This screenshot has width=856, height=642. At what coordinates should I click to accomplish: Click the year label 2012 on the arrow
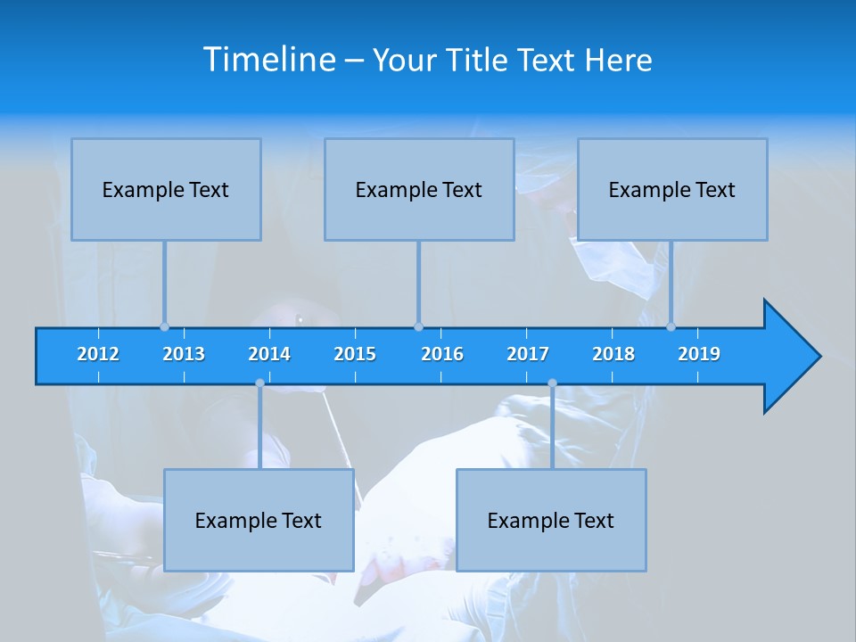(x=98, y=354)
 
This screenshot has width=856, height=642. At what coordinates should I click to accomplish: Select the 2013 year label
(x=184, y=354)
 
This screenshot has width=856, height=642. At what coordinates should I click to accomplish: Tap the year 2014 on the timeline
(x=269, y=354)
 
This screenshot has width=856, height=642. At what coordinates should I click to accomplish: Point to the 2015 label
(x=355, y=354)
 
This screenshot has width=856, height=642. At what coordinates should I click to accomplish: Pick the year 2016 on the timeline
(x=442, y=354)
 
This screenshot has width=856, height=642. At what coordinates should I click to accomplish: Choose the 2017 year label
(x=528, y=354)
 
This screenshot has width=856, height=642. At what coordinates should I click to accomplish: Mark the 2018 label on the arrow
(x=613, y=354)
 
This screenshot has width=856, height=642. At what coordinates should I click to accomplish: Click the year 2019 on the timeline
(x=699, y=354)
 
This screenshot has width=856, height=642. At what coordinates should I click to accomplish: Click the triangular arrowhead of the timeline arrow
(x=789, y=357)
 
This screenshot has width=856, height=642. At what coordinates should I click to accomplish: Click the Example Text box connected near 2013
(x=166, y=190)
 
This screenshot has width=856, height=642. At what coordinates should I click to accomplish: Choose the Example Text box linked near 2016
(x=419, y=190)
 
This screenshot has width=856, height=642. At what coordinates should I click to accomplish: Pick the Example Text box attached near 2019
(x=672, y=190)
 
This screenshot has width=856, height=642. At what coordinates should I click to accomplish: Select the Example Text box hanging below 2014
(x=259, y=521)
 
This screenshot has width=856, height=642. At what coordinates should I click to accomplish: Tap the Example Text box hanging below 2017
(x=551, y=521)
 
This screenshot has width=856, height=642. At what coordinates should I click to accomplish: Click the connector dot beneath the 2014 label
(x=259, y=383)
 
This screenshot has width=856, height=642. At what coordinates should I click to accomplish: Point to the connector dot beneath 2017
(x=552, y=383)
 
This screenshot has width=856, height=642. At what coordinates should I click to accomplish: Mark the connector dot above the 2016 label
(x=418, y=326)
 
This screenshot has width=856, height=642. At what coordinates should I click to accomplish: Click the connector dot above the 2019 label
(x=671, y=326)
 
